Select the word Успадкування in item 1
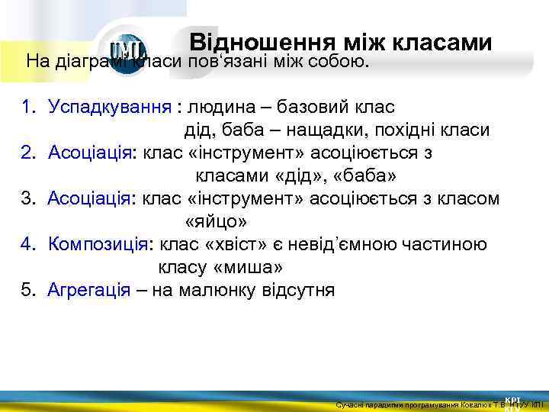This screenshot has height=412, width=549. pyautogui.click(x=110, y=107)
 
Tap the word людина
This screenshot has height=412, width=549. pyautogui.click(x=217, y=107)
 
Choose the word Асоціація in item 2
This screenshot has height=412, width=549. pyautogui.click(x=91, y=153)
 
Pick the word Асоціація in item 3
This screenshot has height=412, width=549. pyautogui.click(x=91, y=199)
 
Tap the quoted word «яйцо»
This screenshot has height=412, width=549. pyautogui.click(x=217, y=222)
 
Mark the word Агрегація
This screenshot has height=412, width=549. pyautogui.click(x=88, y=291)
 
